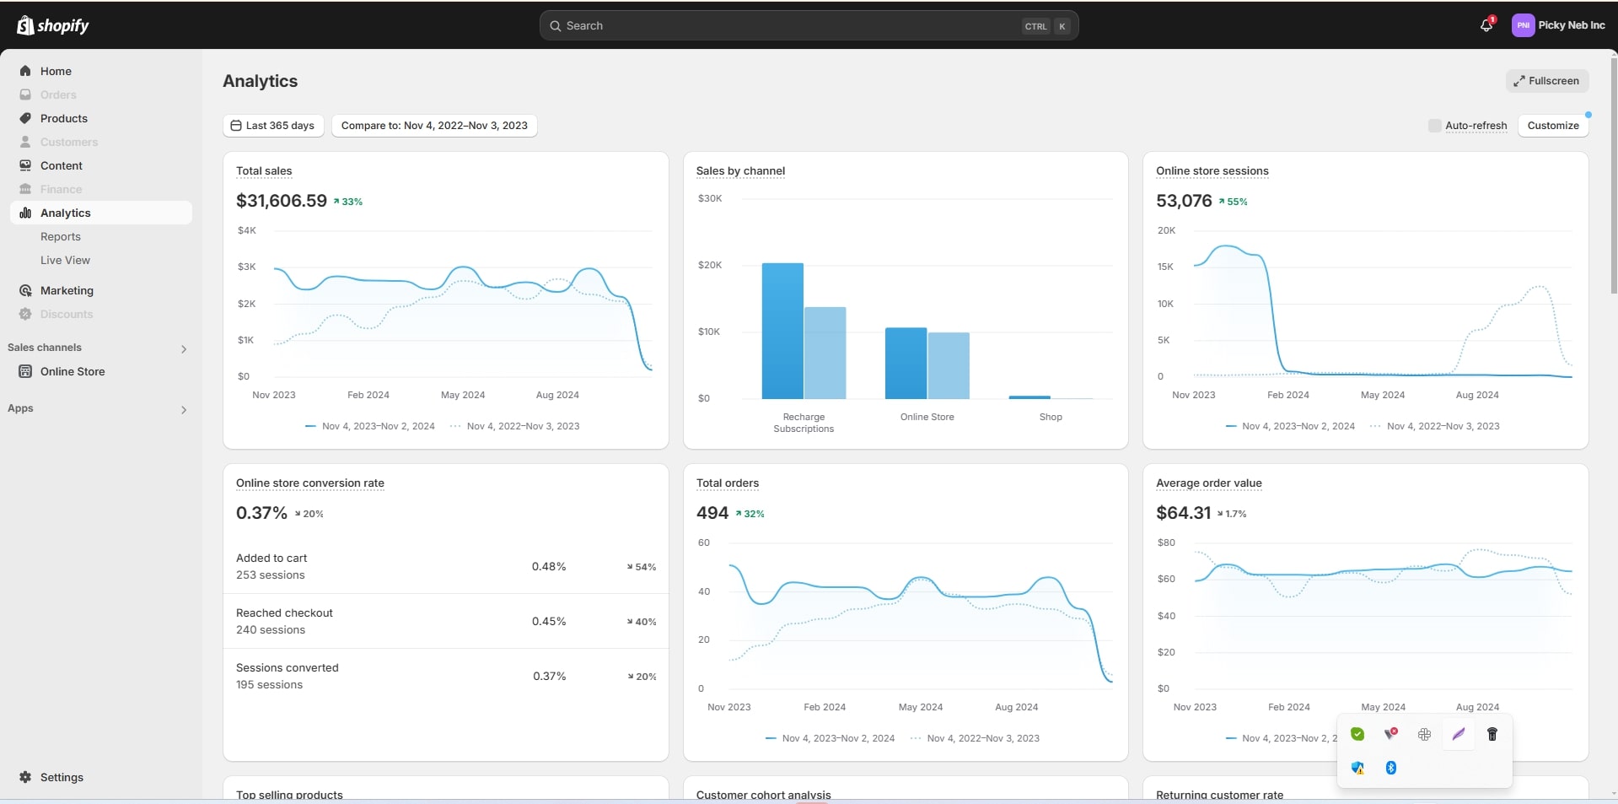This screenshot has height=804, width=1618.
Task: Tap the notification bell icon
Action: coord(1486,25)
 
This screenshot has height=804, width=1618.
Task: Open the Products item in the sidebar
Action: coord(64,118)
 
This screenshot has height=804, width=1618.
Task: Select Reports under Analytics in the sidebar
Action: coord(61,236)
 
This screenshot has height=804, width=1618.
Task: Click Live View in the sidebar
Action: coord(65,260)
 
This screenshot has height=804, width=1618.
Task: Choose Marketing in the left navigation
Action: coord(67,290)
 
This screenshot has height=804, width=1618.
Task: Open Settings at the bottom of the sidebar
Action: coord(62,777)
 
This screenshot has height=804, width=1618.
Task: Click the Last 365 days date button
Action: coord(272,126)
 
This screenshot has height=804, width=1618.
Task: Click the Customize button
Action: coord(1552,126)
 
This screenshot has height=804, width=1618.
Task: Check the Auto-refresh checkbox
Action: coord(1434,126)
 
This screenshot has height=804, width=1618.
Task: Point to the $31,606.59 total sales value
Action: coord(282,201)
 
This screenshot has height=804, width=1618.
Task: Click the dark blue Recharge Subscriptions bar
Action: coord(782,331)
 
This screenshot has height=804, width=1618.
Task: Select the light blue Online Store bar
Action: coord(949,365)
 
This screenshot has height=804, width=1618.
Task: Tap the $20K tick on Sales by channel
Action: coord(710,265)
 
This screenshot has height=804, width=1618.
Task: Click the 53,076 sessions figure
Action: coord(1184,201)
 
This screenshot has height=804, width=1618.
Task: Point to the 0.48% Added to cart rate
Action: coord(549,566)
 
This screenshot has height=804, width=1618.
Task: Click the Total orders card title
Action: coord(727,483)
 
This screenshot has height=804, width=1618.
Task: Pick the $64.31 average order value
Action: coord(1183,513)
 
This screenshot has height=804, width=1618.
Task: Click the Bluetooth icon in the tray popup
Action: coord(1391,768)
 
